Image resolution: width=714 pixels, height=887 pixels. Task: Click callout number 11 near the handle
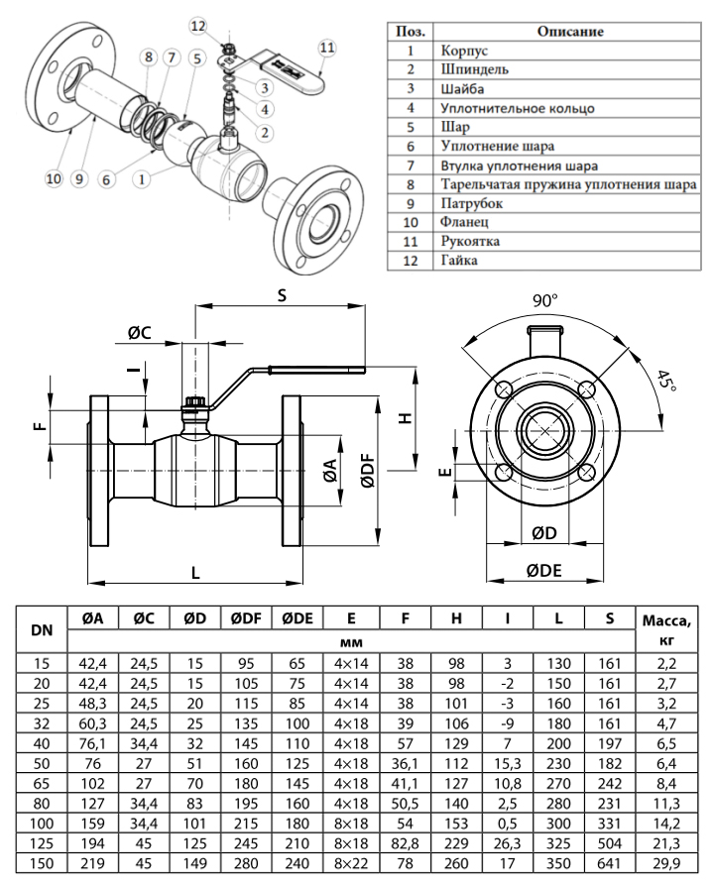328,47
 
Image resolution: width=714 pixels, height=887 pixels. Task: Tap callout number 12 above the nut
196,24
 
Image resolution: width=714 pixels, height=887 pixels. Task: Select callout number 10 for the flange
53,178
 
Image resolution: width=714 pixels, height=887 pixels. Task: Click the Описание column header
570,31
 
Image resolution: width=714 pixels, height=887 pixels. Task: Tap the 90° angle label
545,300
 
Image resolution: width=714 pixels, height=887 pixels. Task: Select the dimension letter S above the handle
281,295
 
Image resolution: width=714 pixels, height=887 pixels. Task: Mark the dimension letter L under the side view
195,572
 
